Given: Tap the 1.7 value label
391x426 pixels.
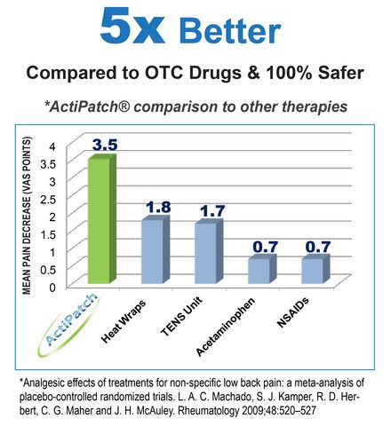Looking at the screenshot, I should pyautogui.click(x=210, y=211).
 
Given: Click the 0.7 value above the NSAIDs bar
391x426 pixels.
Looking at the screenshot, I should pyautogui.click(x=317, y=245).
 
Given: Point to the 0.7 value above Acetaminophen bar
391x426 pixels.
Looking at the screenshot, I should pyautogui.click(x=263, y=245).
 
